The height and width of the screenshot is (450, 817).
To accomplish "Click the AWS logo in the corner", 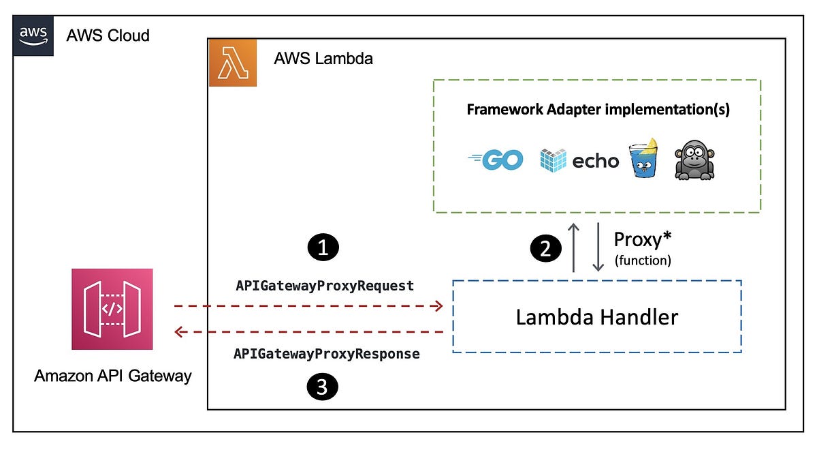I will pos(33,35).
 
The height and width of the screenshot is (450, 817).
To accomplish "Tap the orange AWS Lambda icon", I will pos(233,63).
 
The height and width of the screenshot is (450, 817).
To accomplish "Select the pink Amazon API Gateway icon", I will pos(112,309).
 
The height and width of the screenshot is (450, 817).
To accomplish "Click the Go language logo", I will pos(496,160).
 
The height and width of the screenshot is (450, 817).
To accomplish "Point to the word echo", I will pos(595,161).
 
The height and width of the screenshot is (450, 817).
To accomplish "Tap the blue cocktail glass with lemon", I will pos(643,159).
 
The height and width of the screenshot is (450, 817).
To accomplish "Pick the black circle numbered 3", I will pos(323,388).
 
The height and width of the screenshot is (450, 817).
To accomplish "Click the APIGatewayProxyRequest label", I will pos(325,286).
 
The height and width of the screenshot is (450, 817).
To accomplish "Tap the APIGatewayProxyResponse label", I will pos(326,354).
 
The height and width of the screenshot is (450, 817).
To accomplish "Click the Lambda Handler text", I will pos(596,317).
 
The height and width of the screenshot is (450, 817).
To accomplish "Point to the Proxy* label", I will pos(643,240).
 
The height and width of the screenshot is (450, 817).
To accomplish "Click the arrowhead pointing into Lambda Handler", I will pos(438,307).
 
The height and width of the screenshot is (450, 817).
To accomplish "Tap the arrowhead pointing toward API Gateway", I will pos(180,332).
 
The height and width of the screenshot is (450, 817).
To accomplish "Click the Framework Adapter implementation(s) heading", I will pos(598,110).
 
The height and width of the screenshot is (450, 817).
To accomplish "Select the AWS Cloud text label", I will pos(108,35).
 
